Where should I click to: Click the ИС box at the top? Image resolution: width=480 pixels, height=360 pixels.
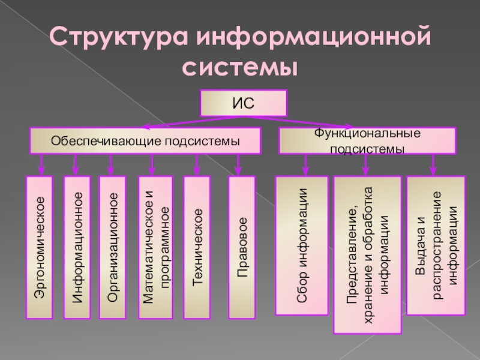pyautogui.click(x=244, y=103)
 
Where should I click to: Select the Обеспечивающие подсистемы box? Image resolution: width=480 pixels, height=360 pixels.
pyautogui.click(x=145, y=141)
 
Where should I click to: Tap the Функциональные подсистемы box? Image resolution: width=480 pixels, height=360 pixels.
pyautogui.click(x=367, y=141)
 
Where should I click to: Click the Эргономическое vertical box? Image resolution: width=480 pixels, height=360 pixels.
pyautogui.click(x=41, y=247)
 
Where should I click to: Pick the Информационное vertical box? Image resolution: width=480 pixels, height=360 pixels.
pyautogui.click(x=77, y=247)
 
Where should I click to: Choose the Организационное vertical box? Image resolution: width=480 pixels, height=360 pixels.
pyautogui.click(x=112, y=247)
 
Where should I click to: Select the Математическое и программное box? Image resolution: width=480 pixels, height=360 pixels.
pyautogui.click(x=155, y=247)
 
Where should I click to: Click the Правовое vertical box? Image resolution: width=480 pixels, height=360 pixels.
pyautogui.click(x=242, y=247)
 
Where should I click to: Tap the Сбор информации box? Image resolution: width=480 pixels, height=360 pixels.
pyautogui.click(x=302, y=245)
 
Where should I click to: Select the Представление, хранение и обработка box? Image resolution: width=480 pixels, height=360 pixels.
pyautogui.click(x=367, y=254)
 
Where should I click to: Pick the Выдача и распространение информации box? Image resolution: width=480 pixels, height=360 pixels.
pyautogui.click(x=436, y=245)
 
